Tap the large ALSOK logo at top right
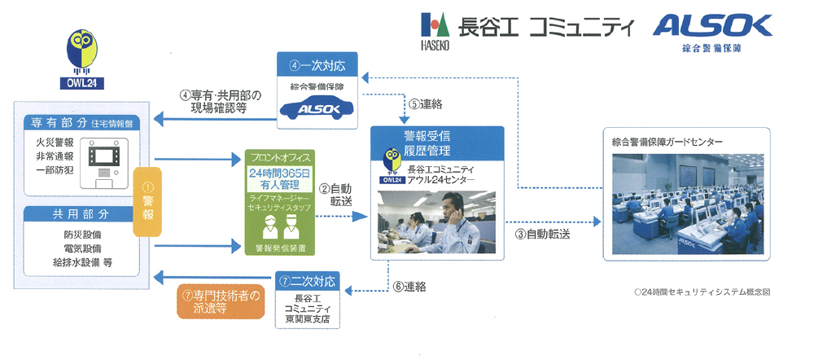tap(711, 26)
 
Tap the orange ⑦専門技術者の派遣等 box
tap(221, 301)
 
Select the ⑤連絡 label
tap(426, 103)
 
